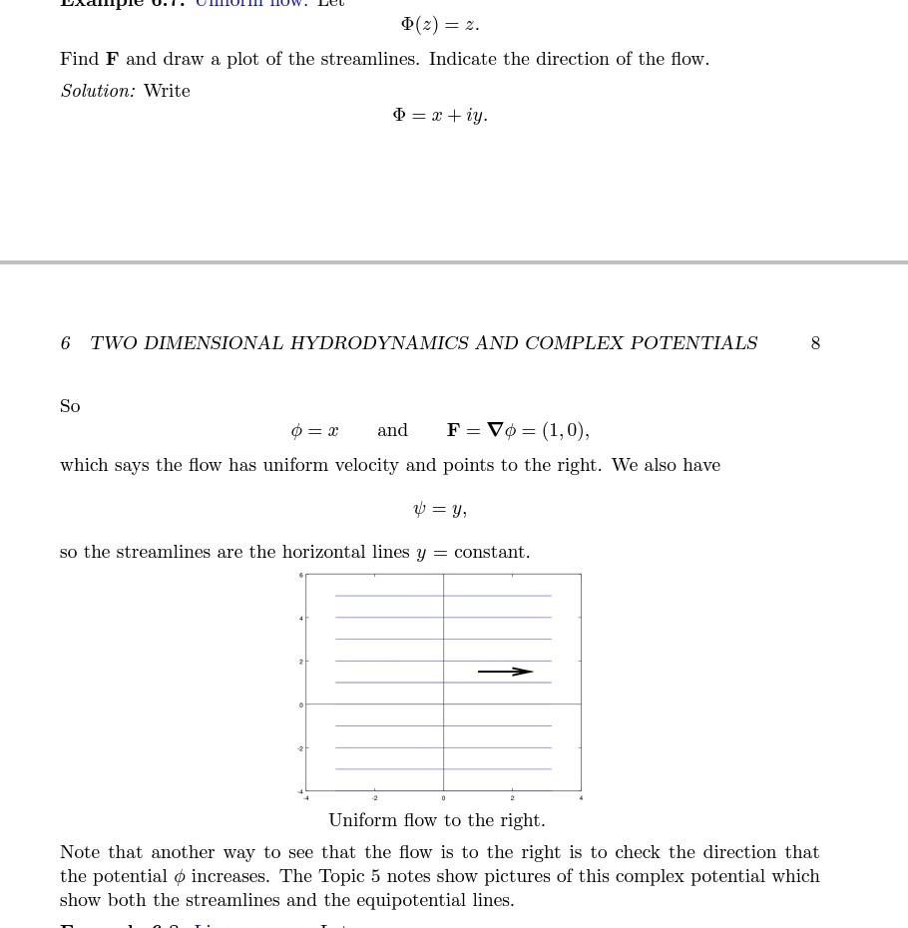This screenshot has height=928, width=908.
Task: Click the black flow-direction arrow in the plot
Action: coord(506,672)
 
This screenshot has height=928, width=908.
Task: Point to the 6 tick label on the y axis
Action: coord(300,576)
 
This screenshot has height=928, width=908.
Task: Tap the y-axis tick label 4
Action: coord(300,619)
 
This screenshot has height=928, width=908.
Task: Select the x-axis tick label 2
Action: coord(512,798)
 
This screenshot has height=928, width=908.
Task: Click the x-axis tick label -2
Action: coord(374,798)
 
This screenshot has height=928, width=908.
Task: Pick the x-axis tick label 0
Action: coord(443,798)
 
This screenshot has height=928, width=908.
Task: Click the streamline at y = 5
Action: coord(443,596)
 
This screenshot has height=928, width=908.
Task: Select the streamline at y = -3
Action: coord(443,769)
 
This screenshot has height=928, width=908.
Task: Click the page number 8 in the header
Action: coord(815,343)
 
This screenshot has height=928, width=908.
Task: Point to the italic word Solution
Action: coord(97,91)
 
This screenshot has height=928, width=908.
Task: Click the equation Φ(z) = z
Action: coord(440,24)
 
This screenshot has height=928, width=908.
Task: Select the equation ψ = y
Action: coord(440,509)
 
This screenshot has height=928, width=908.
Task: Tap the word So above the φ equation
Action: coord(70,406)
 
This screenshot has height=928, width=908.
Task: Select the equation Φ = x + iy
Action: coord(440,116)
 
